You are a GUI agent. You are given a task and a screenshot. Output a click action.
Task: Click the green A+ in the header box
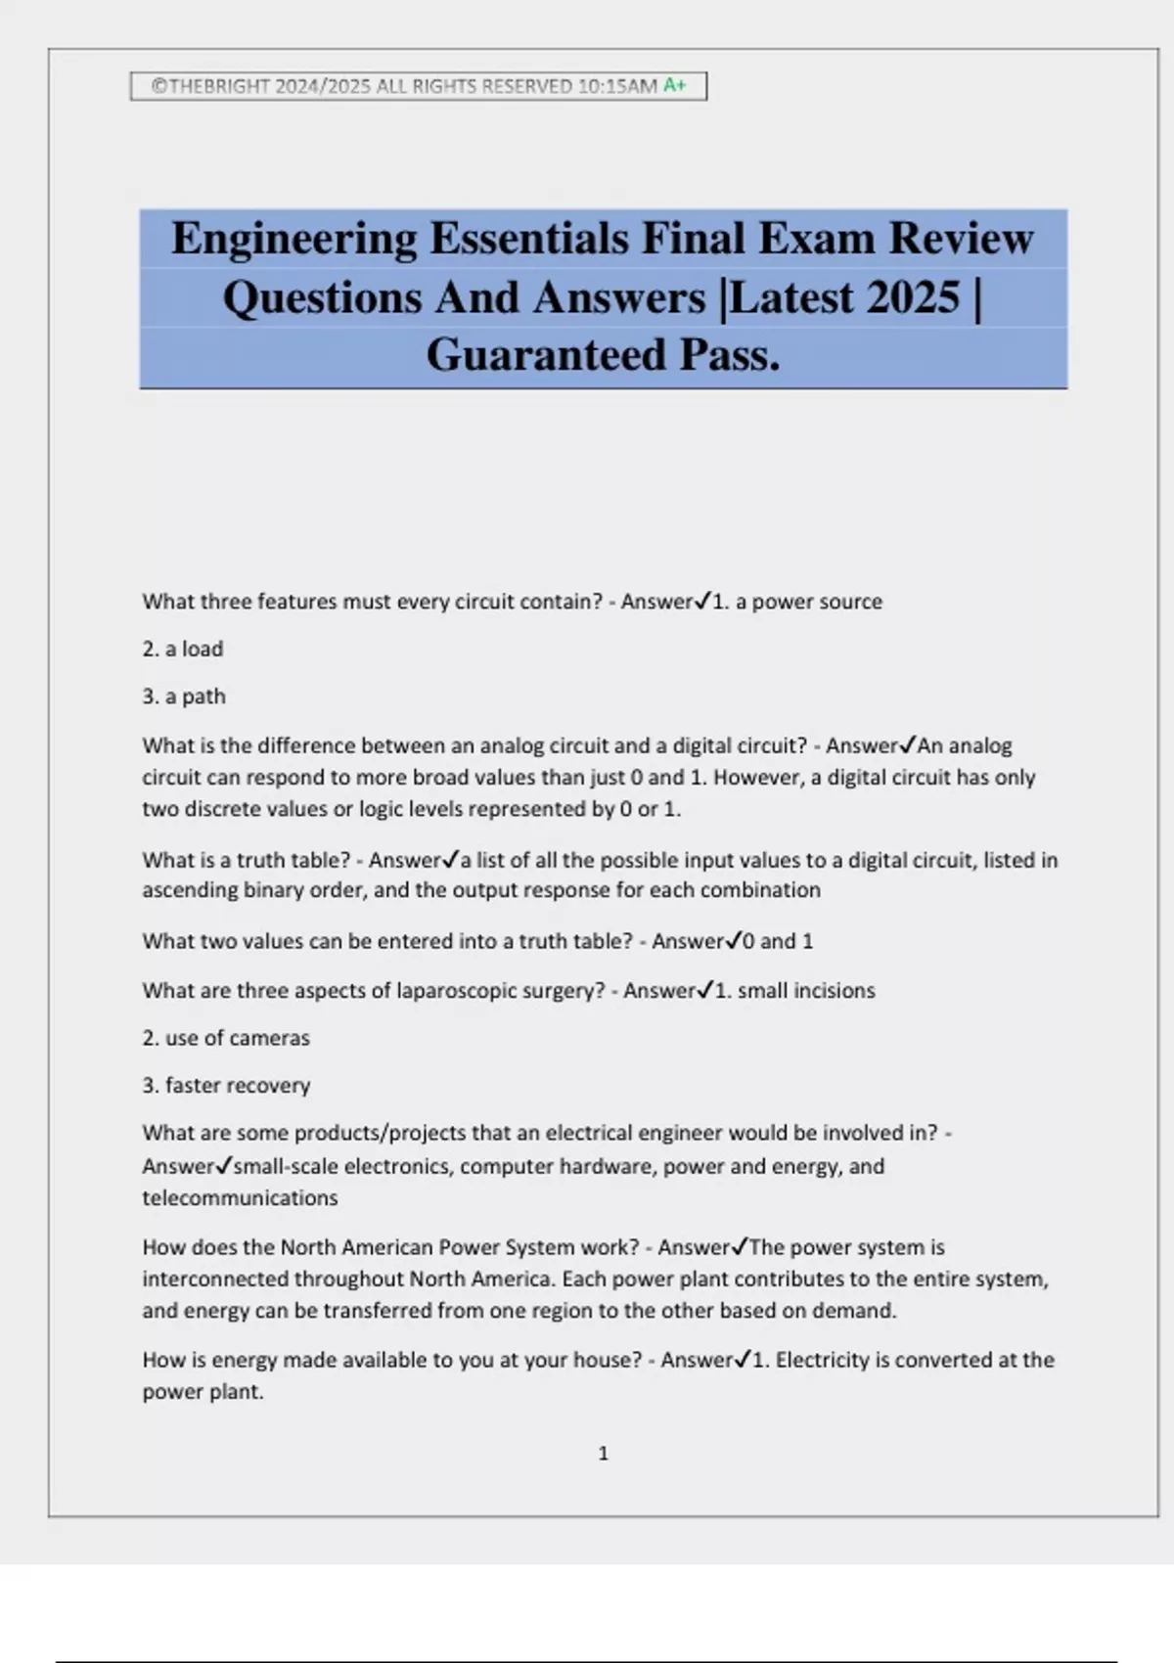pos(675,86)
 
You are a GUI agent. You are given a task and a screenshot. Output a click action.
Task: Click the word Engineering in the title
pos(293,240)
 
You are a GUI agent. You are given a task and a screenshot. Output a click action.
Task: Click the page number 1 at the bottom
pos(603,1454)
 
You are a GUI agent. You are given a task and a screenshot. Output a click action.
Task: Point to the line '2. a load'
pos(183,650)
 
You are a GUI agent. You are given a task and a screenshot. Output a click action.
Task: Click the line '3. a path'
pos(184,697)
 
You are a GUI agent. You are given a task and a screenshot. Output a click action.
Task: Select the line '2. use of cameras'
pos(226,1038)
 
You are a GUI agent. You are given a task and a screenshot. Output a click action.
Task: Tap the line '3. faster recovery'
pos(226,1085)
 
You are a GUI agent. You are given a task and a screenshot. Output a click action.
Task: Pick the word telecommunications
pos(240,1198)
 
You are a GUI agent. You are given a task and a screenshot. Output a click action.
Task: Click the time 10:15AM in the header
pos(617,86)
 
